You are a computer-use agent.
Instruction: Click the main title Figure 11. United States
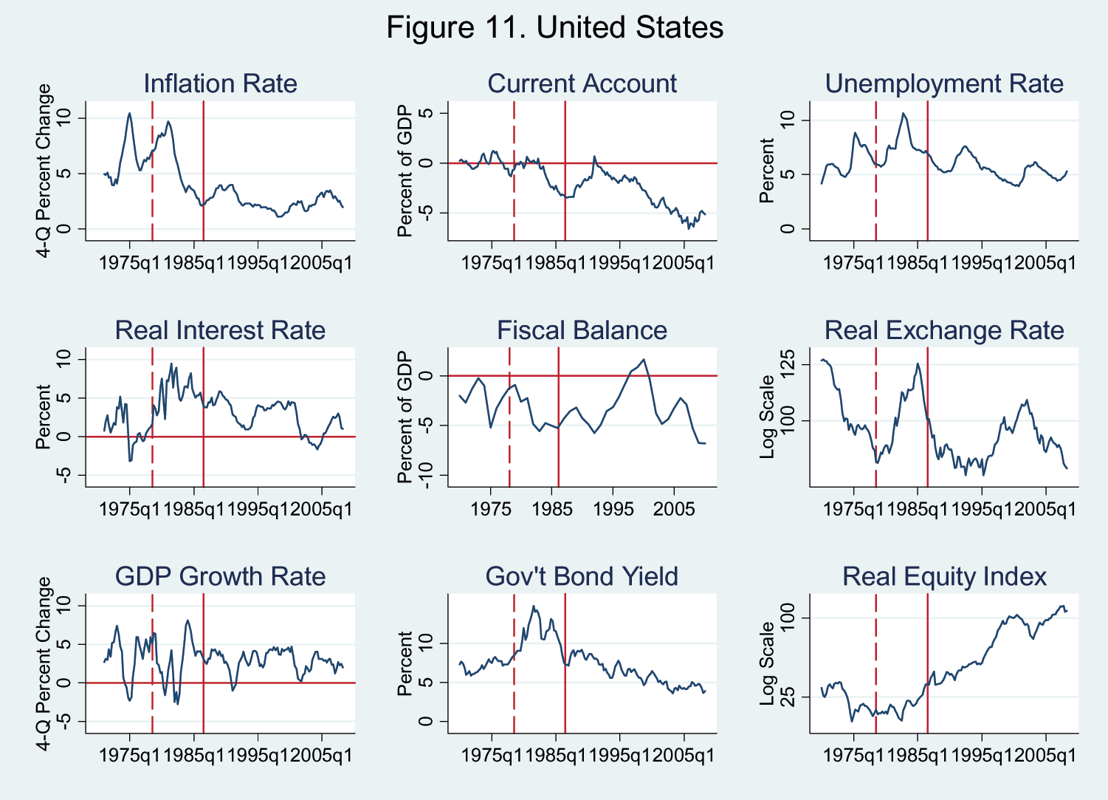(554, 28)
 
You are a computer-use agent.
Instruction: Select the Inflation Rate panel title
(220, 83)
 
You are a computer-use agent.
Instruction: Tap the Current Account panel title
(582, 83)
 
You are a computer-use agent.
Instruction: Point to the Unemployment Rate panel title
(944, 83)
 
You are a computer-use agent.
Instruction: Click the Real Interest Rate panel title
(220, 330)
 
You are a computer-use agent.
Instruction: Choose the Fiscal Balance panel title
(582, 330)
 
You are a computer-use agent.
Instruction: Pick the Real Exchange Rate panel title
(944, 330)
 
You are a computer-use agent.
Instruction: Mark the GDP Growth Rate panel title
(220, 576)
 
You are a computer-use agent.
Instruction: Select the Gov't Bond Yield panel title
(582, 576)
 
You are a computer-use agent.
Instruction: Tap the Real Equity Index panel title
(944, 576)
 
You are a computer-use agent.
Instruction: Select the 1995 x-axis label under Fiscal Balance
(613, 509)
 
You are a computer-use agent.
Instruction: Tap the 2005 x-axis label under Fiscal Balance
(674, 509)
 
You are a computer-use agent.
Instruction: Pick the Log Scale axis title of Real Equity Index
(767, 663)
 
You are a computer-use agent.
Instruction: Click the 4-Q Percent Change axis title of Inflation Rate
(44, 171)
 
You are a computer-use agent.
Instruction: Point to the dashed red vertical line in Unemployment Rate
(875, 171)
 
